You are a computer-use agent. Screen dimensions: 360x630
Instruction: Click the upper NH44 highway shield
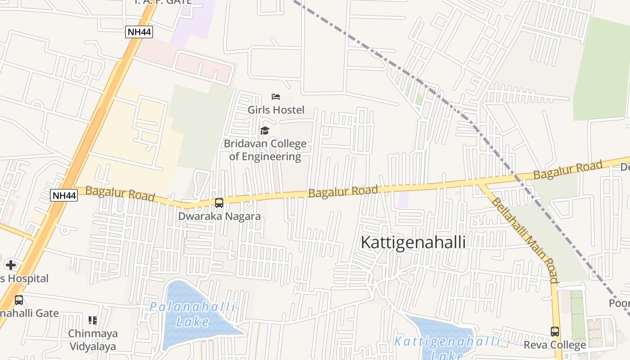(x=139, y=32)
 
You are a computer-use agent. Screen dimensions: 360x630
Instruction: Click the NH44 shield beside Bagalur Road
(x=64, y=195)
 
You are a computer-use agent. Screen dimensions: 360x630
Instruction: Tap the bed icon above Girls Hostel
(x=276, y=97)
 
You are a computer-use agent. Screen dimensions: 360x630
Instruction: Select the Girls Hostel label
(x=276, y=110)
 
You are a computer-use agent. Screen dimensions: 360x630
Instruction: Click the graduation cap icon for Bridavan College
(x=265, y=131)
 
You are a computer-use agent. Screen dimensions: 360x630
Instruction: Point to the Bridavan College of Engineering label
(x=265, y=150)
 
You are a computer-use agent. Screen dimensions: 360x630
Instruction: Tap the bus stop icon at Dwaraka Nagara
(x=219, y=203)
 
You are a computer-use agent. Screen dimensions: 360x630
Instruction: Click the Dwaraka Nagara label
(x=219, y=216)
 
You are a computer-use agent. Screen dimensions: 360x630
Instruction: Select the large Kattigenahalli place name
(x=413, y=242)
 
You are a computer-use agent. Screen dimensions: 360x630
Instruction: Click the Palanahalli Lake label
(x=193, y=314)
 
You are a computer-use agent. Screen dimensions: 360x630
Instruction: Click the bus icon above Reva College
(x=555, y=332)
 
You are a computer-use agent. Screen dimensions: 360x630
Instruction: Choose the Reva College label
(x=555, y=345)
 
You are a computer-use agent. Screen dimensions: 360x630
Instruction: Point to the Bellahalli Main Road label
(x=525, y=240)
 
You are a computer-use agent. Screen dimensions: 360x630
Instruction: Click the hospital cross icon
(x=11, y=265)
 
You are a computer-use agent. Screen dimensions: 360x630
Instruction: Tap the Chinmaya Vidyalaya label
(x=93, y=340)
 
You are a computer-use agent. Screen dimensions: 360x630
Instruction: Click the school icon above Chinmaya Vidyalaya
(x=93, y=320)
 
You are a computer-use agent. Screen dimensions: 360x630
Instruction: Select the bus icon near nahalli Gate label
(x=18, y=300)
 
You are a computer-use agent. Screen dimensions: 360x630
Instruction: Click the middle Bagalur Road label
(x=343, y=191)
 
